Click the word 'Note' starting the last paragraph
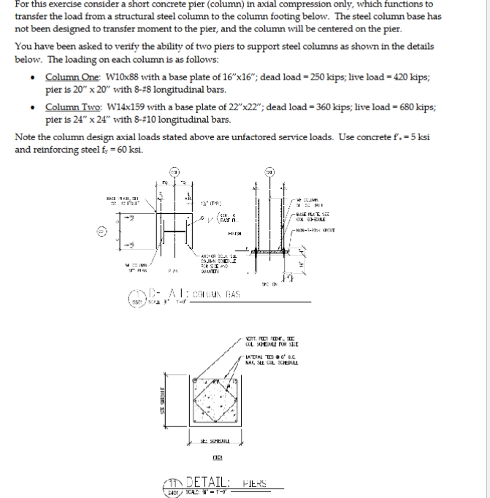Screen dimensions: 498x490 [x=26, y=137]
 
